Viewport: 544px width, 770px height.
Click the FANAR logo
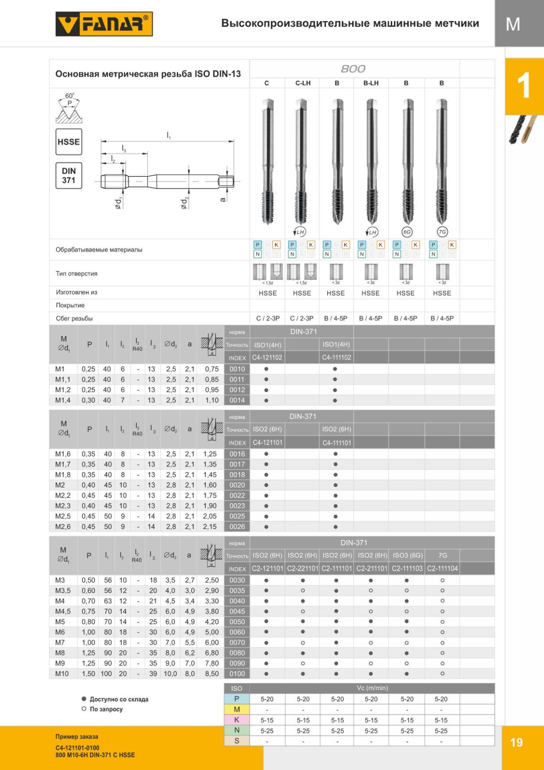coord(104,24)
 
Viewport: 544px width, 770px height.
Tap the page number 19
coord(516,742)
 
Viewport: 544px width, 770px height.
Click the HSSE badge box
coord(68,142)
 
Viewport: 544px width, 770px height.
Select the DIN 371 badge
coord(68,176)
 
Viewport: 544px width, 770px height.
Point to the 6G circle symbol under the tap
coord(407,232)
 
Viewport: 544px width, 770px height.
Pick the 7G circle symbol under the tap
coord(442,232)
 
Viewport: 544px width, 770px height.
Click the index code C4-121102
coord(267,358)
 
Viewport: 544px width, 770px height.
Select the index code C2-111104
coord(442,569)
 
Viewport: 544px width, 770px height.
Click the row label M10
coord(62,674)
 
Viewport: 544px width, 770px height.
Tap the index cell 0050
coord(237,622)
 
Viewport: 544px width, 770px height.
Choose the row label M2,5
coord(63,516)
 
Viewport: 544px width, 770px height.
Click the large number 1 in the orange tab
coord(524,86)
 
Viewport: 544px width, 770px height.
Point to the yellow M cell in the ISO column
coord(237,709)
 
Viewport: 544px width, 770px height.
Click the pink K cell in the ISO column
coord(237,720)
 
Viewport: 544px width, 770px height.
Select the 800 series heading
coord(353,69)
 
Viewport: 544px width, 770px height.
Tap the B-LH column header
coord(371,83)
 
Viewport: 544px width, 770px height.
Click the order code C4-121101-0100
coord(78,748)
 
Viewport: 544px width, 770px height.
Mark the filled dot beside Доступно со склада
coord(84,699)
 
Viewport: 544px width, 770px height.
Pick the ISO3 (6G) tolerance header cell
coord(407,555)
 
